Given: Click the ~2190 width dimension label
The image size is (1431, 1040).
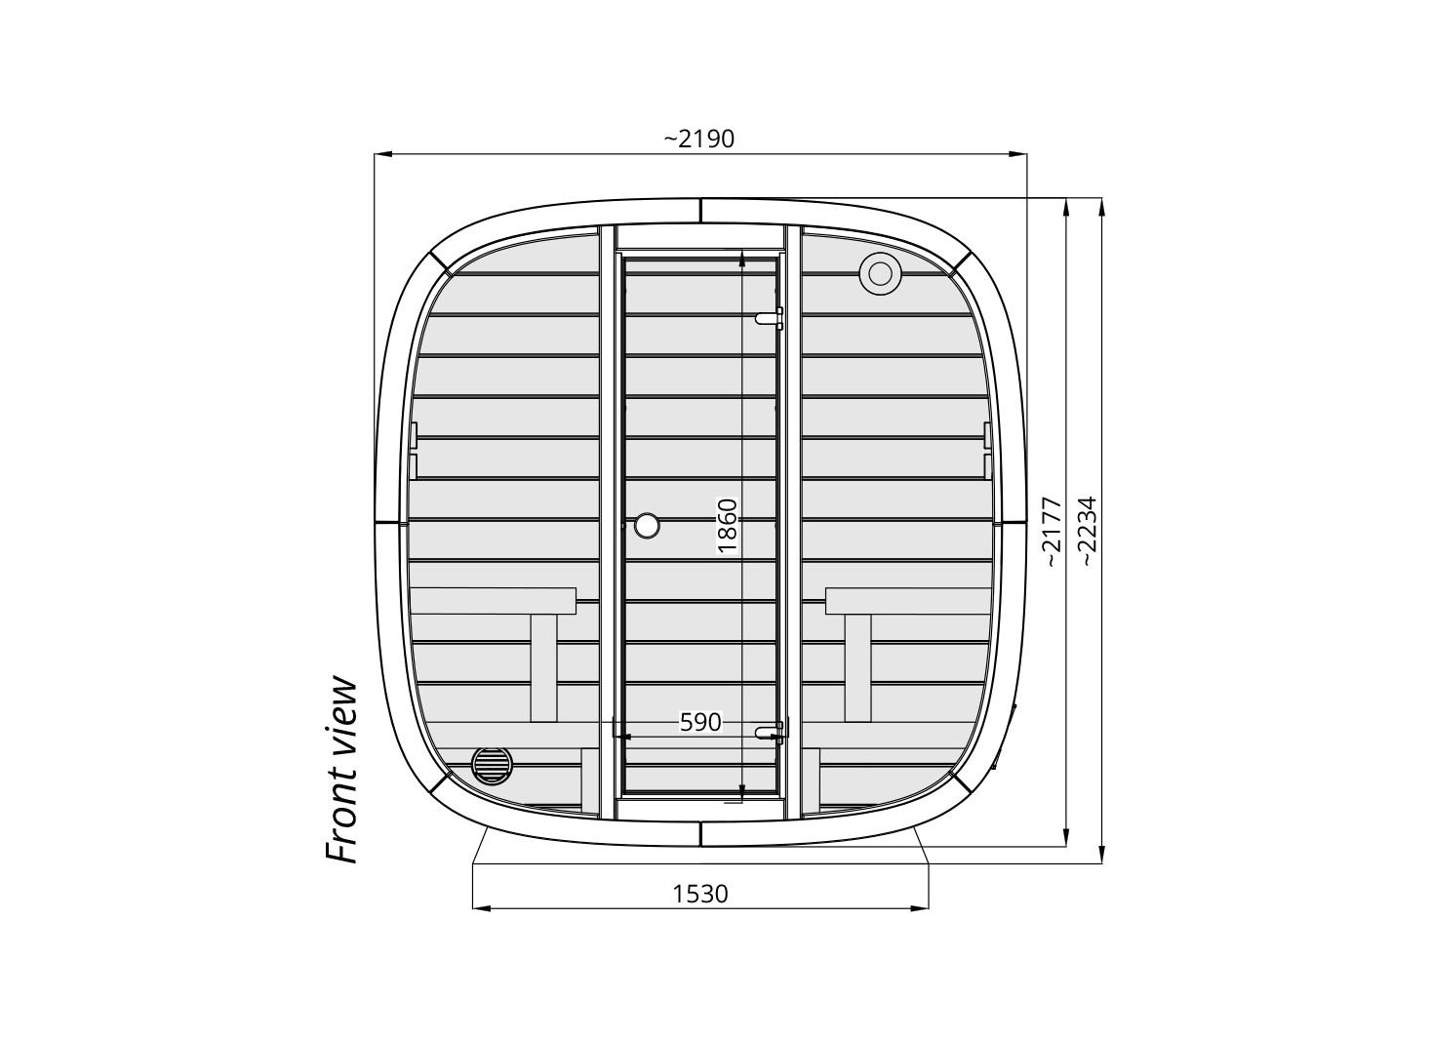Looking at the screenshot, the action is click(699, 139).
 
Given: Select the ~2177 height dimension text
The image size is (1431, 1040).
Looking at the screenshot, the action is click(1053, 532).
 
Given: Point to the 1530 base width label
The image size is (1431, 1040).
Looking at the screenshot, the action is click(700, 894).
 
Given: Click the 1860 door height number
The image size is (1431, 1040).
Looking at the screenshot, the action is click(728, 525).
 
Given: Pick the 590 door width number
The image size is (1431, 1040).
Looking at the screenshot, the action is click(700, 723).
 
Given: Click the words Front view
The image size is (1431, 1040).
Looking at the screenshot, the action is click(341, 771).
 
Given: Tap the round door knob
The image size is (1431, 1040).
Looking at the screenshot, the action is click(647, 525).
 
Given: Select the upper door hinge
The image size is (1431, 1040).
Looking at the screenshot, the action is click(770, 317).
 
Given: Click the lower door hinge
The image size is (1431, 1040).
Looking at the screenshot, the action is click(770, 732).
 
